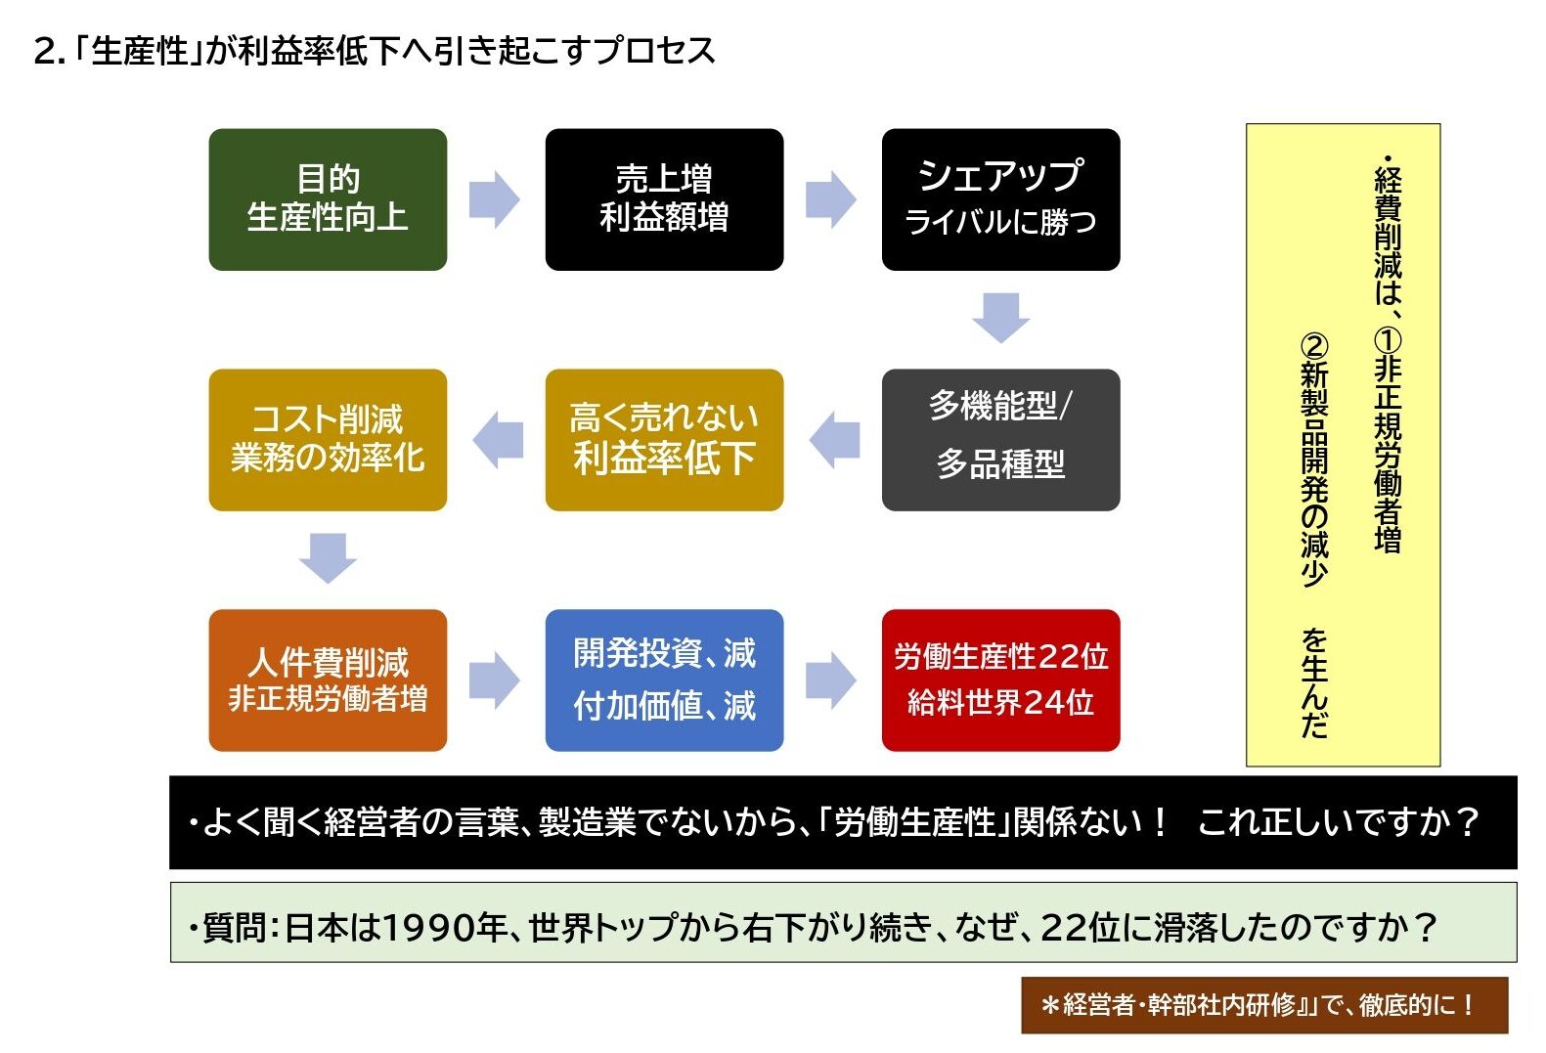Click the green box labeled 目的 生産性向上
[x=328, y=199]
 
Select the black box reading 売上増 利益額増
[x=664, y=199]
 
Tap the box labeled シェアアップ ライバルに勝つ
[x=1000, y=199]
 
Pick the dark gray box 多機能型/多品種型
[x=1000, y=440]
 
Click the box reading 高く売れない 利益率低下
[x=664, y=440]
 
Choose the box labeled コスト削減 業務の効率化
[x=328, y=440]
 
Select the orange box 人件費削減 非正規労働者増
[x=328, y=680]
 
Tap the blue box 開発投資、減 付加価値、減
[x=664, y=680]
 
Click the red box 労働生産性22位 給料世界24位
[x=1000, y=680]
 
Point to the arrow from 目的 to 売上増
[x=494, y=199]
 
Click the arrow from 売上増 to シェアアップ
[x=831, y=199]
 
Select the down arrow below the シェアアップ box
[x=1000, y=318]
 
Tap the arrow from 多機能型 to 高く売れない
[x=834, y=440]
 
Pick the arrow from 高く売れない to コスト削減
[x=498, y=440]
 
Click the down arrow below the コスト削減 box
[x=328, y=558]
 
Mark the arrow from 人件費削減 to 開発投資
[x=494, y=680]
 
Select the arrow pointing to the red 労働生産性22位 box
[x=831, y=680]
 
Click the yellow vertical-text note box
[x=1343, y=445]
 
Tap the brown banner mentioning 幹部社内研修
[x=1264, y=1005]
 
